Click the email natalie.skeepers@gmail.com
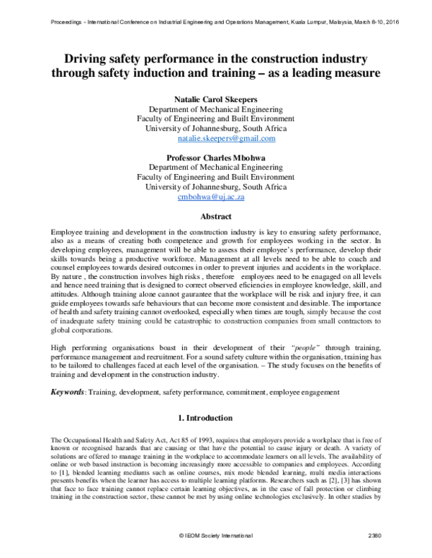pyautogui.click(x=216, y=137)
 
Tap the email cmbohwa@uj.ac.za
pyautogui.click(x=216, y=195)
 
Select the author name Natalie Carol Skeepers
pyautogui.click(x=216, y=97)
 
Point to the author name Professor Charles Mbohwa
pyautogui.click(x=216, y=155)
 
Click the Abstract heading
pyautogui.click(x=216, y=216)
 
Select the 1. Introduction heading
pyautogui.click(x=216, y=417)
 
